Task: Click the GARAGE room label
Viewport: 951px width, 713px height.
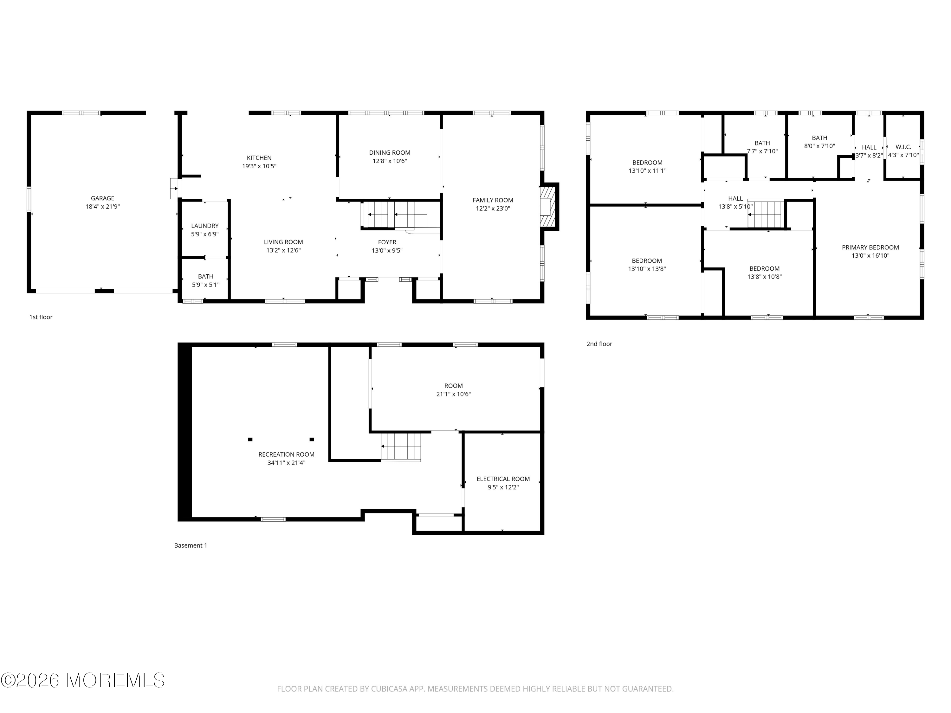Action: click(x=102, y=198)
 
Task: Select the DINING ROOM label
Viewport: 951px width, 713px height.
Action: click(x=390, y=152)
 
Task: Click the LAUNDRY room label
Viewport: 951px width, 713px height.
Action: click(x=205, y=226)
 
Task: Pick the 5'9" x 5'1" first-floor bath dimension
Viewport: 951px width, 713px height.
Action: click(x=205, y=285)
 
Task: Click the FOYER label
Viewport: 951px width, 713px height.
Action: click(x=387, y=242)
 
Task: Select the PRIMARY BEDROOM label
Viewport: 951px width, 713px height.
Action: click(x=870, y=247)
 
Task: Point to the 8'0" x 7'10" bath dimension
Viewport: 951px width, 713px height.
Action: click(x=819, y=146)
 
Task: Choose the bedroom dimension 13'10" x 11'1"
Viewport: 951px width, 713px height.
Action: click(x=647, y=170)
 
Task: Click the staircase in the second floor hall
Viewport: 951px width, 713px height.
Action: click(x=766, y=214)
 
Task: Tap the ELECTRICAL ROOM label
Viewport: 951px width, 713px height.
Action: click(x=503, y=479)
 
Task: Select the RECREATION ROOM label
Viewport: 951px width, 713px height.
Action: click(x=286, y=454)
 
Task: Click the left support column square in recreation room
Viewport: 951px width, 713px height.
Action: click(x=250, y=439)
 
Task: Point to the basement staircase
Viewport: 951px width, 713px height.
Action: click(x=401, y=446)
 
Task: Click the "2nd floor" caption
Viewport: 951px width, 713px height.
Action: click(x=599, y=344)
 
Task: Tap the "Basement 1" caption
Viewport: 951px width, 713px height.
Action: click(x=191, y=545)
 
